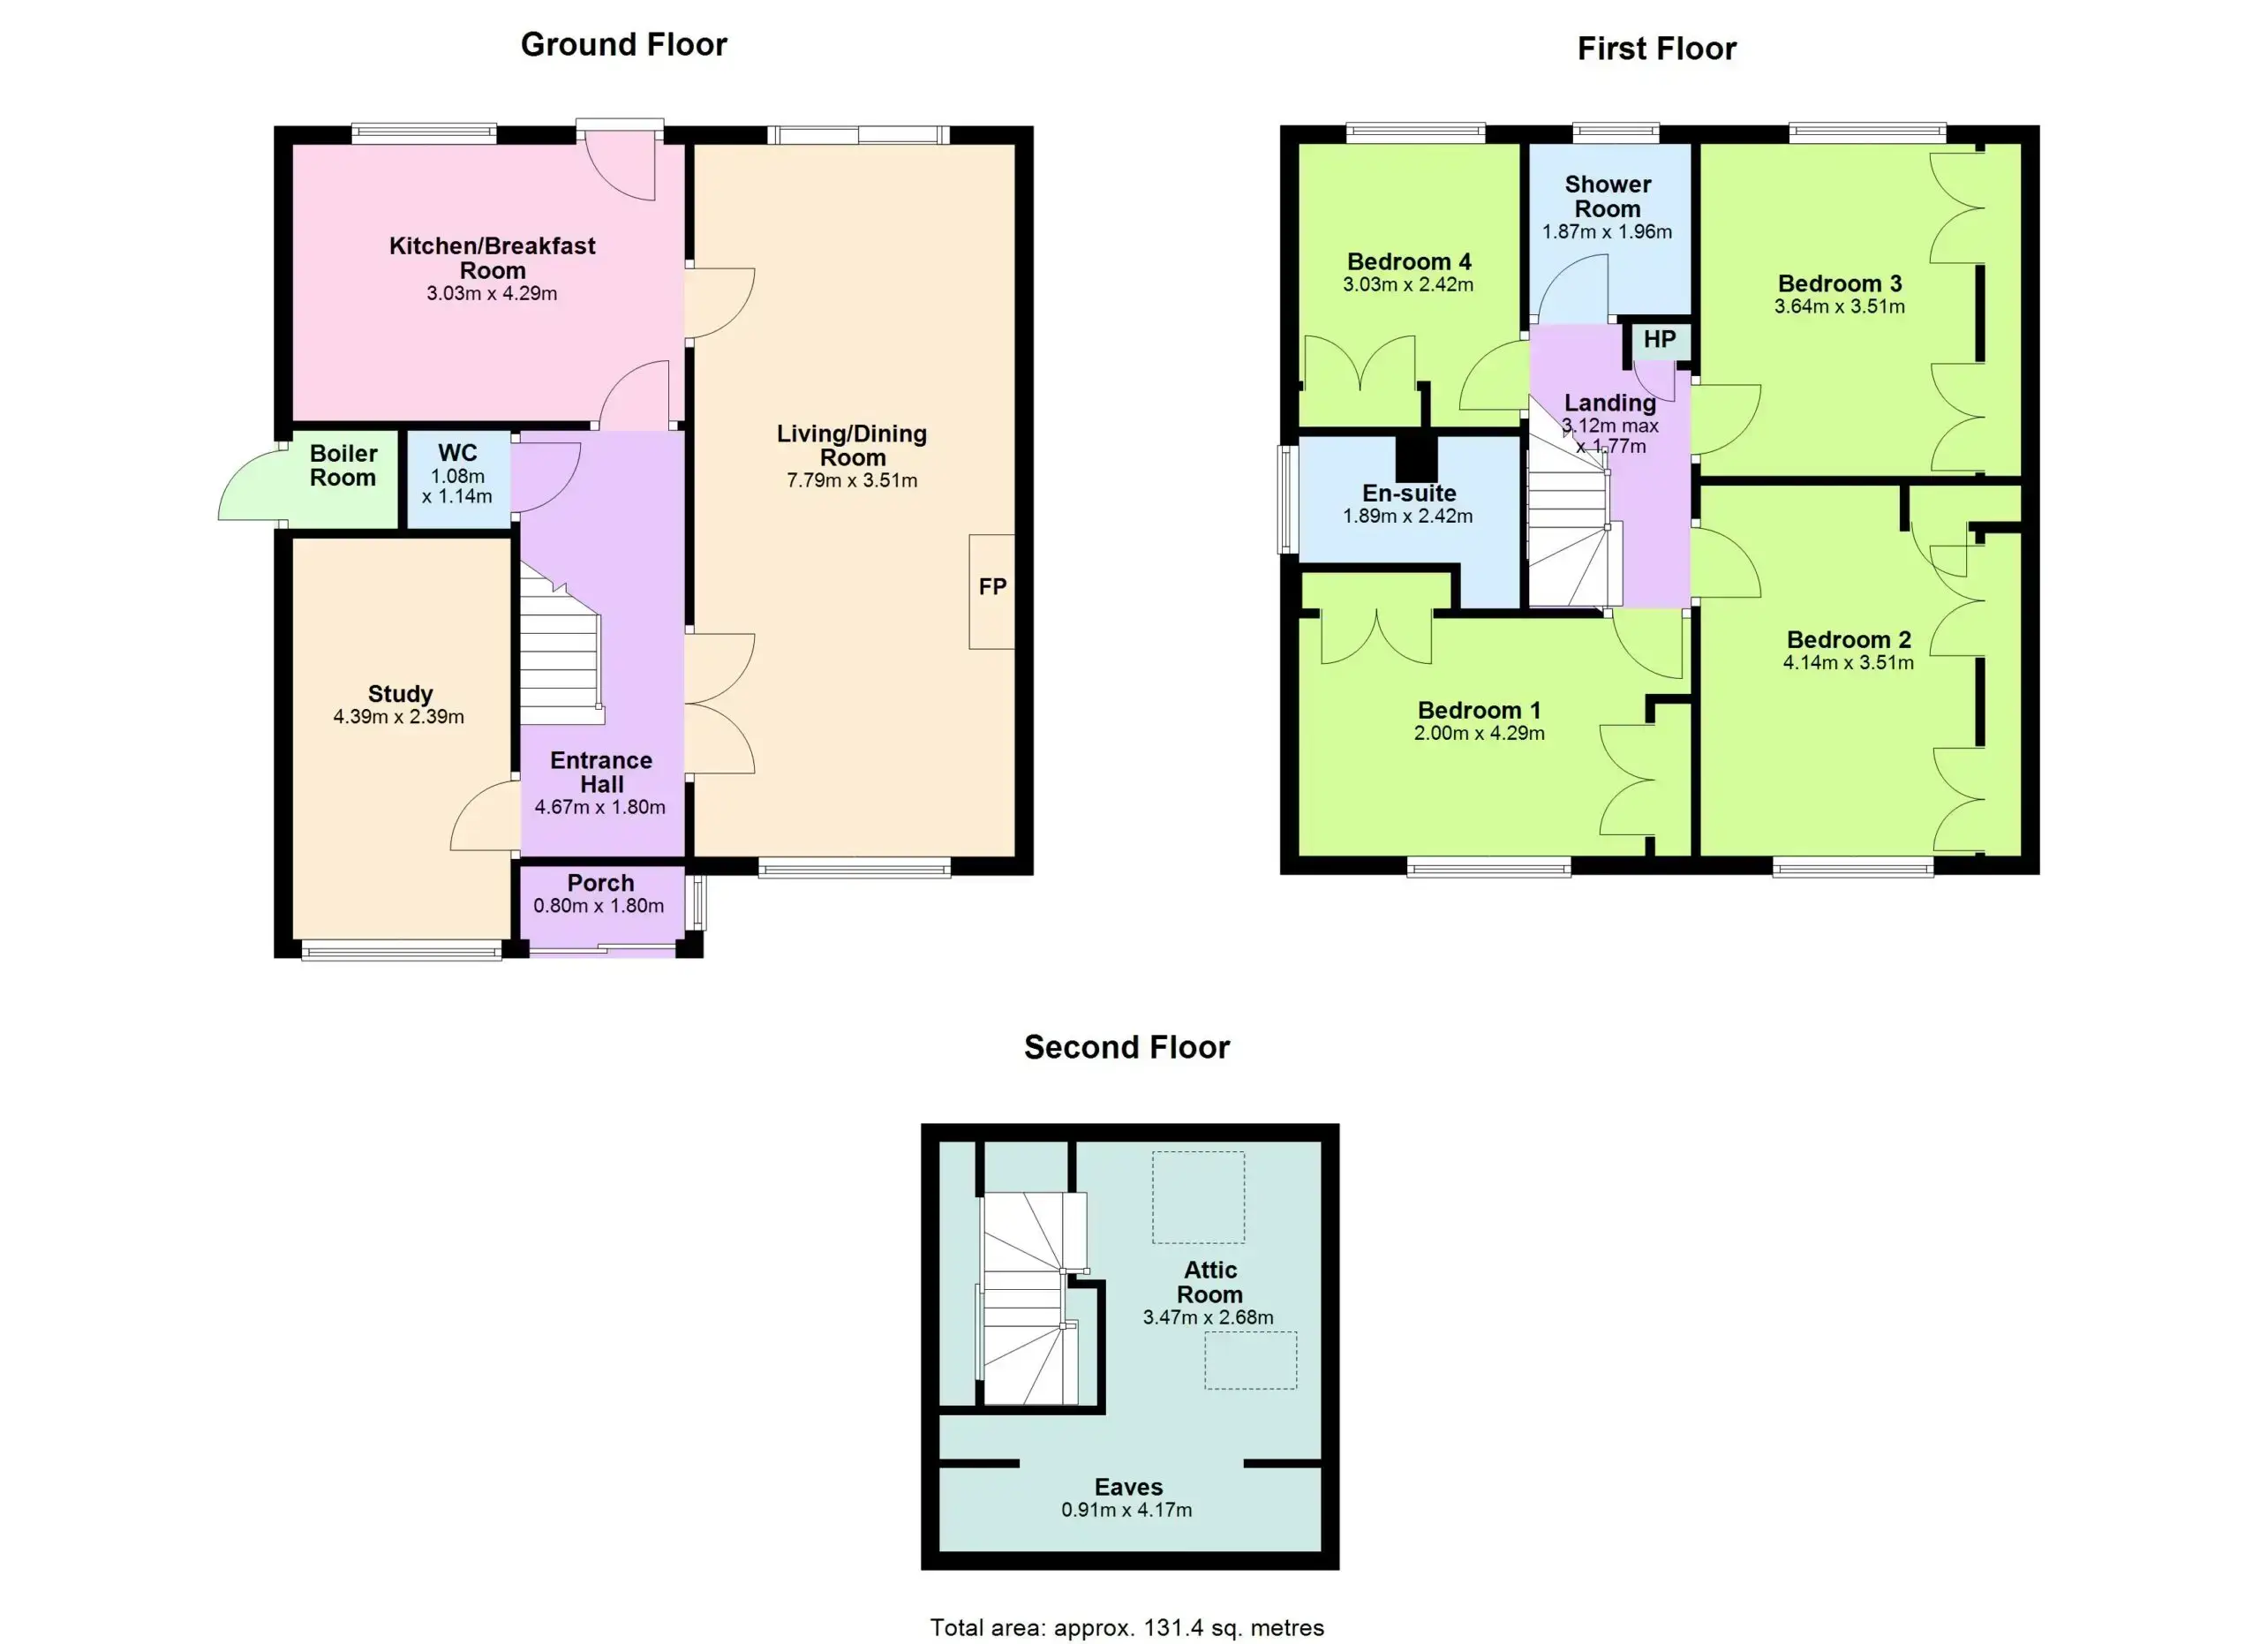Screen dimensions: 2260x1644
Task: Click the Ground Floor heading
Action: point(624,45)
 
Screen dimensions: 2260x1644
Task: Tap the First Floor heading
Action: point(1656,49)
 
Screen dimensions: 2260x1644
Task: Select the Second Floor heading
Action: point(1127,1047)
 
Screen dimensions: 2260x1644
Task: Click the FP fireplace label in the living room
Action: point(992,587)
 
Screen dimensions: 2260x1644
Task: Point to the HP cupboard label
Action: point(1659,340)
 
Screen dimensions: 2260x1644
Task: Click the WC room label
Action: point(457,453)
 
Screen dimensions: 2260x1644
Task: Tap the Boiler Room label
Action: point(343,465)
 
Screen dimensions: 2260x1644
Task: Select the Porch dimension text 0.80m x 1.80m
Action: point(599,906)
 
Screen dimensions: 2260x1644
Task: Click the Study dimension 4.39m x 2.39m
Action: point(398,716)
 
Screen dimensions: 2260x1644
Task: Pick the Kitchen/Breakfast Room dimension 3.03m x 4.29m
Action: point(493,294)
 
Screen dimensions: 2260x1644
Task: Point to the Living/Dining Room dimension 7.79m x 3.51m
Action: point(852,480)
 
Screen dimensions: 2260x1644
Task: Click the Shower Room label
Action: point(1608,196)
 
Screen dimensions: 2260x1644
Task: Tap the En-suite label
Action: point(1409,494)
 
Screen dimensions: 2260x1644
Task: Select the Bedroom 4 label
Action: point(1409,262)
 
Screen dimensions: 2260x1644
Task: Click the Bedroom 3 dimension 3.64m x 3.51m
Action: point(1840,307)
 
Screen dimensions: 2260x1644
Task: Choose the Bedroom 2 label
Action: point(1849,639)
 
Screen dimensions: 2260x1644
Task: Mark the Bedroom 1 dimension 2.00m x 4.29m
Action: point(1479,734)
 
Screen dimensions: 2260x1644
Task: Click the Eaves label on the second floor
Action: point(1128,1488)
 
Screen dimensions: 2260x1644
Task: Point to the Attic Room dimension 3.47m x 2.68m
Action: point(1208,1317)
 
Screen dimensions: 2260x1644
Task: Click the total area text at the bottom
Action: point(1127,1627)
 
